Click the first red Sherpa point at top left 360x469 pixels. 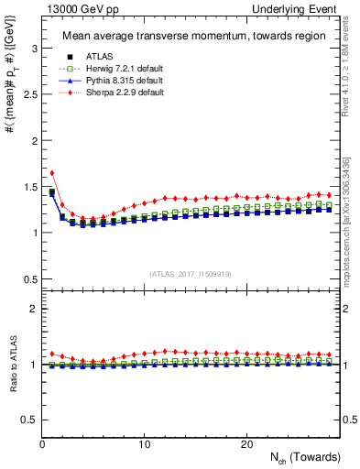pyautogui.click(x=52, y=172)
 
